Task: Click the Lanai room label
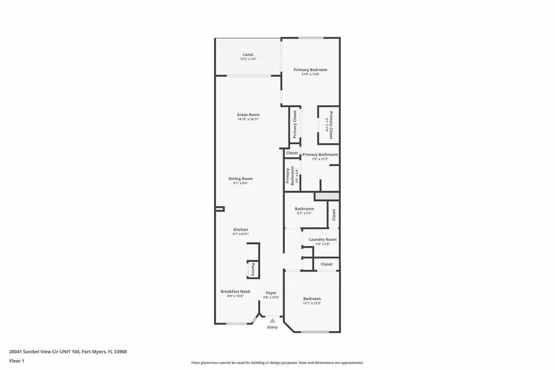tap(248, 54)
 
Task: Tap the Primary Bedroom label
tap(310, 69)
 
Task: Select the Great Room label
tap(248, 114)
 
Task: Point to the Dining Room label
tap(240, 178)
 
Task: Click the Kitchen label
tap(241, 229)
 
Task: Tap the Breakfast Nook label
tap(235, 291)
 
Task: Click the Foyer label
tap(271, 293)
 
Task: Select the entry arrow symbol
tap(272, 321)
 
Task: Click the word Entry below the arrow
tap(272, 327)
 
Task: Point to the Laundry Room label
tap(322, 239)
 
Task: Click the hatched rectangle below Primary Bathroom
tap(327, 196)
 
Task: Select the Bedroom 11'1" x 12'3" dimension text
tap(312, 303)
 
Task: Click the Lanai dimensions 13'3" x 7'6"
tap(248, 59)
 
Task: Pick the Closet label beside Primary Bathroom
tap(292, 153)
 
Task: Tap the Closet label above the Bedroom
tap(326, 264)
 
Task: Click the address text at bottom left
tap(68, 352)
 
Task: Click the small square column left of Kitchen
tap(220, 208)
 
